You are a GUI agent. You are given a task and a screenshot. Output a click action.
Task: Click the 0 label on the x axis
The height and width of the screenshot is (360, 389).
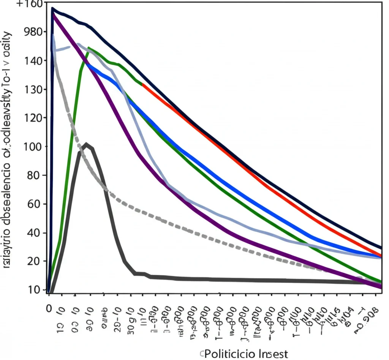[48, 308]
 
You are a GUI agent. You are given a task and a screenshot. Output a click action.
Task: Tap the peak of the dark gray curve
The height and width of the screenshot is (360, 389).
[87, 144]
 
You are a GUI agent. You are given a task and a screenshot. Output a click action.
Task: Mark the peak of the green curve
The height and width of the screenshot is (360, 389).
[89, 48]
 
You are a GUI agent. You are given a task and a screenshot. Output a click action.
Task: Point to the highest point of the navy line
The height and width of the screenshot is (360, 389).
[53, 8]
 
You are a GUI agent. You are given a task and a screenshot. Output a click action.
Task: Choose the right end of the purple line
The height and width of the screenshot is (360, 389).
[381, 287]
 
